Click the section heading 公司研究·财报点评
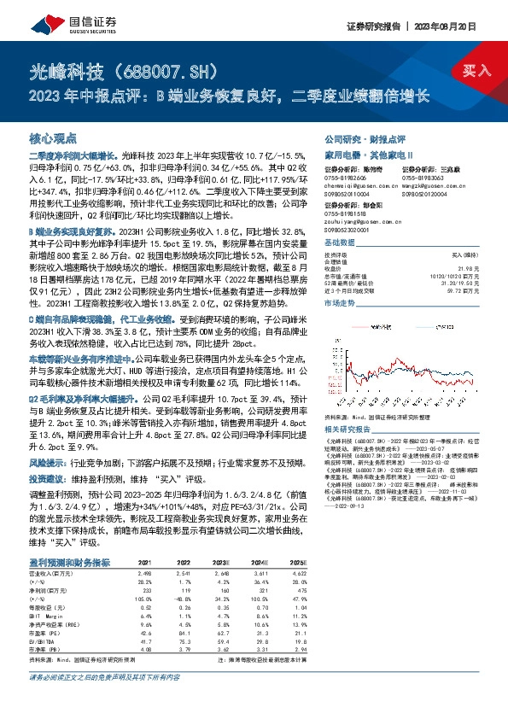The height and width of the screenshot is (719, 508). [x=356, y=137]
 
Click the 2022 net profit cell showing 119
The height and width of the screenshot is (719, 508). [x=182, y=588]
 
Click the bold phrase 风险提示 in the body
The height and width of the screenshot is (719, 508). [x=44, y=461]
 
